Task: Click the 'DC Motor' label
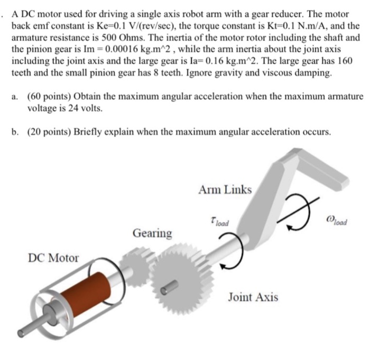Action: coord(53,258)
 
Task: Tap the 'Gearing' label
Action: coord(152,233)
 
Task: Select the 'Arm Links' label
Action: coord(225,190)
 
